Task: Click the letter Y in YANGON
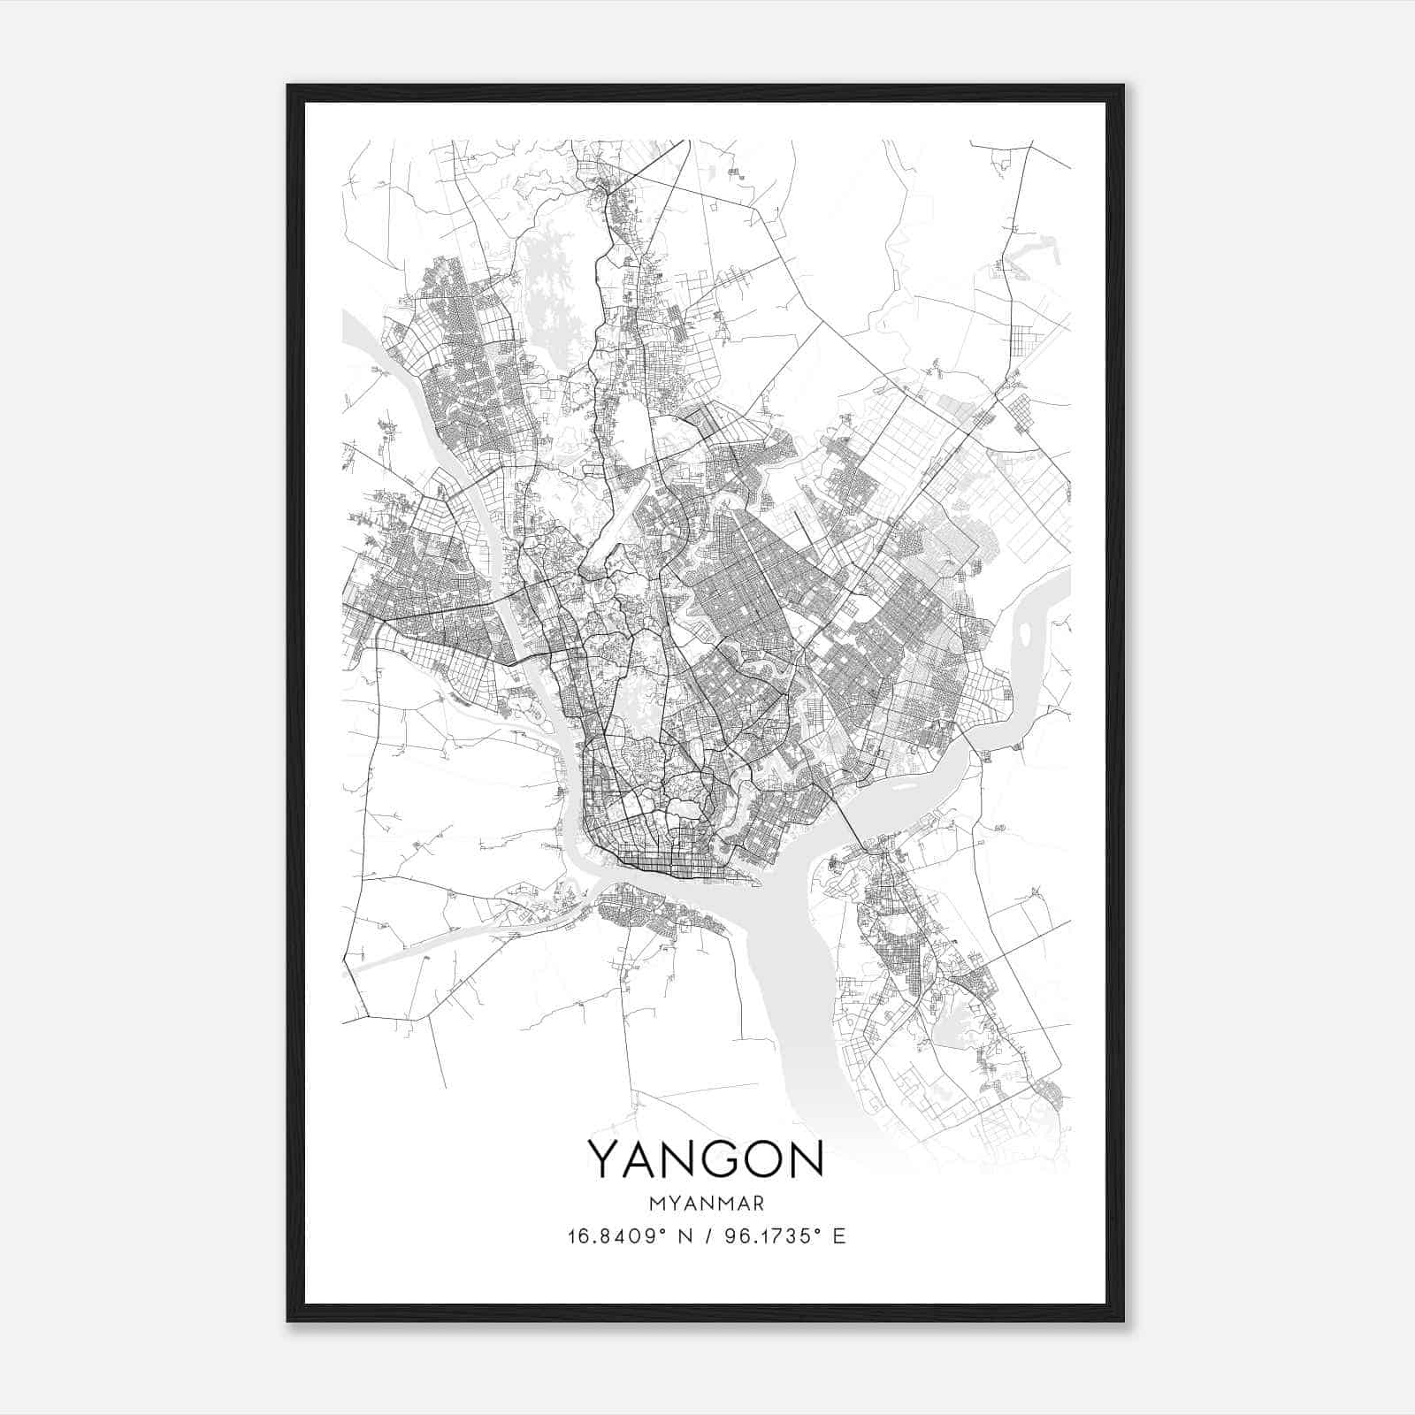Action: (608, 1159)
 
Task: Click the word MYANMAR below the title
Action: (707, 1204)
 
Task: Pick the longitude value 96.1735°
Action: (769, 1236)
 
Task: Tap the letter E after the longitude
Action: (839, 1236)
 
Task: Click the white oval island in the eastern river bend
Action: (1024, 633)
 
